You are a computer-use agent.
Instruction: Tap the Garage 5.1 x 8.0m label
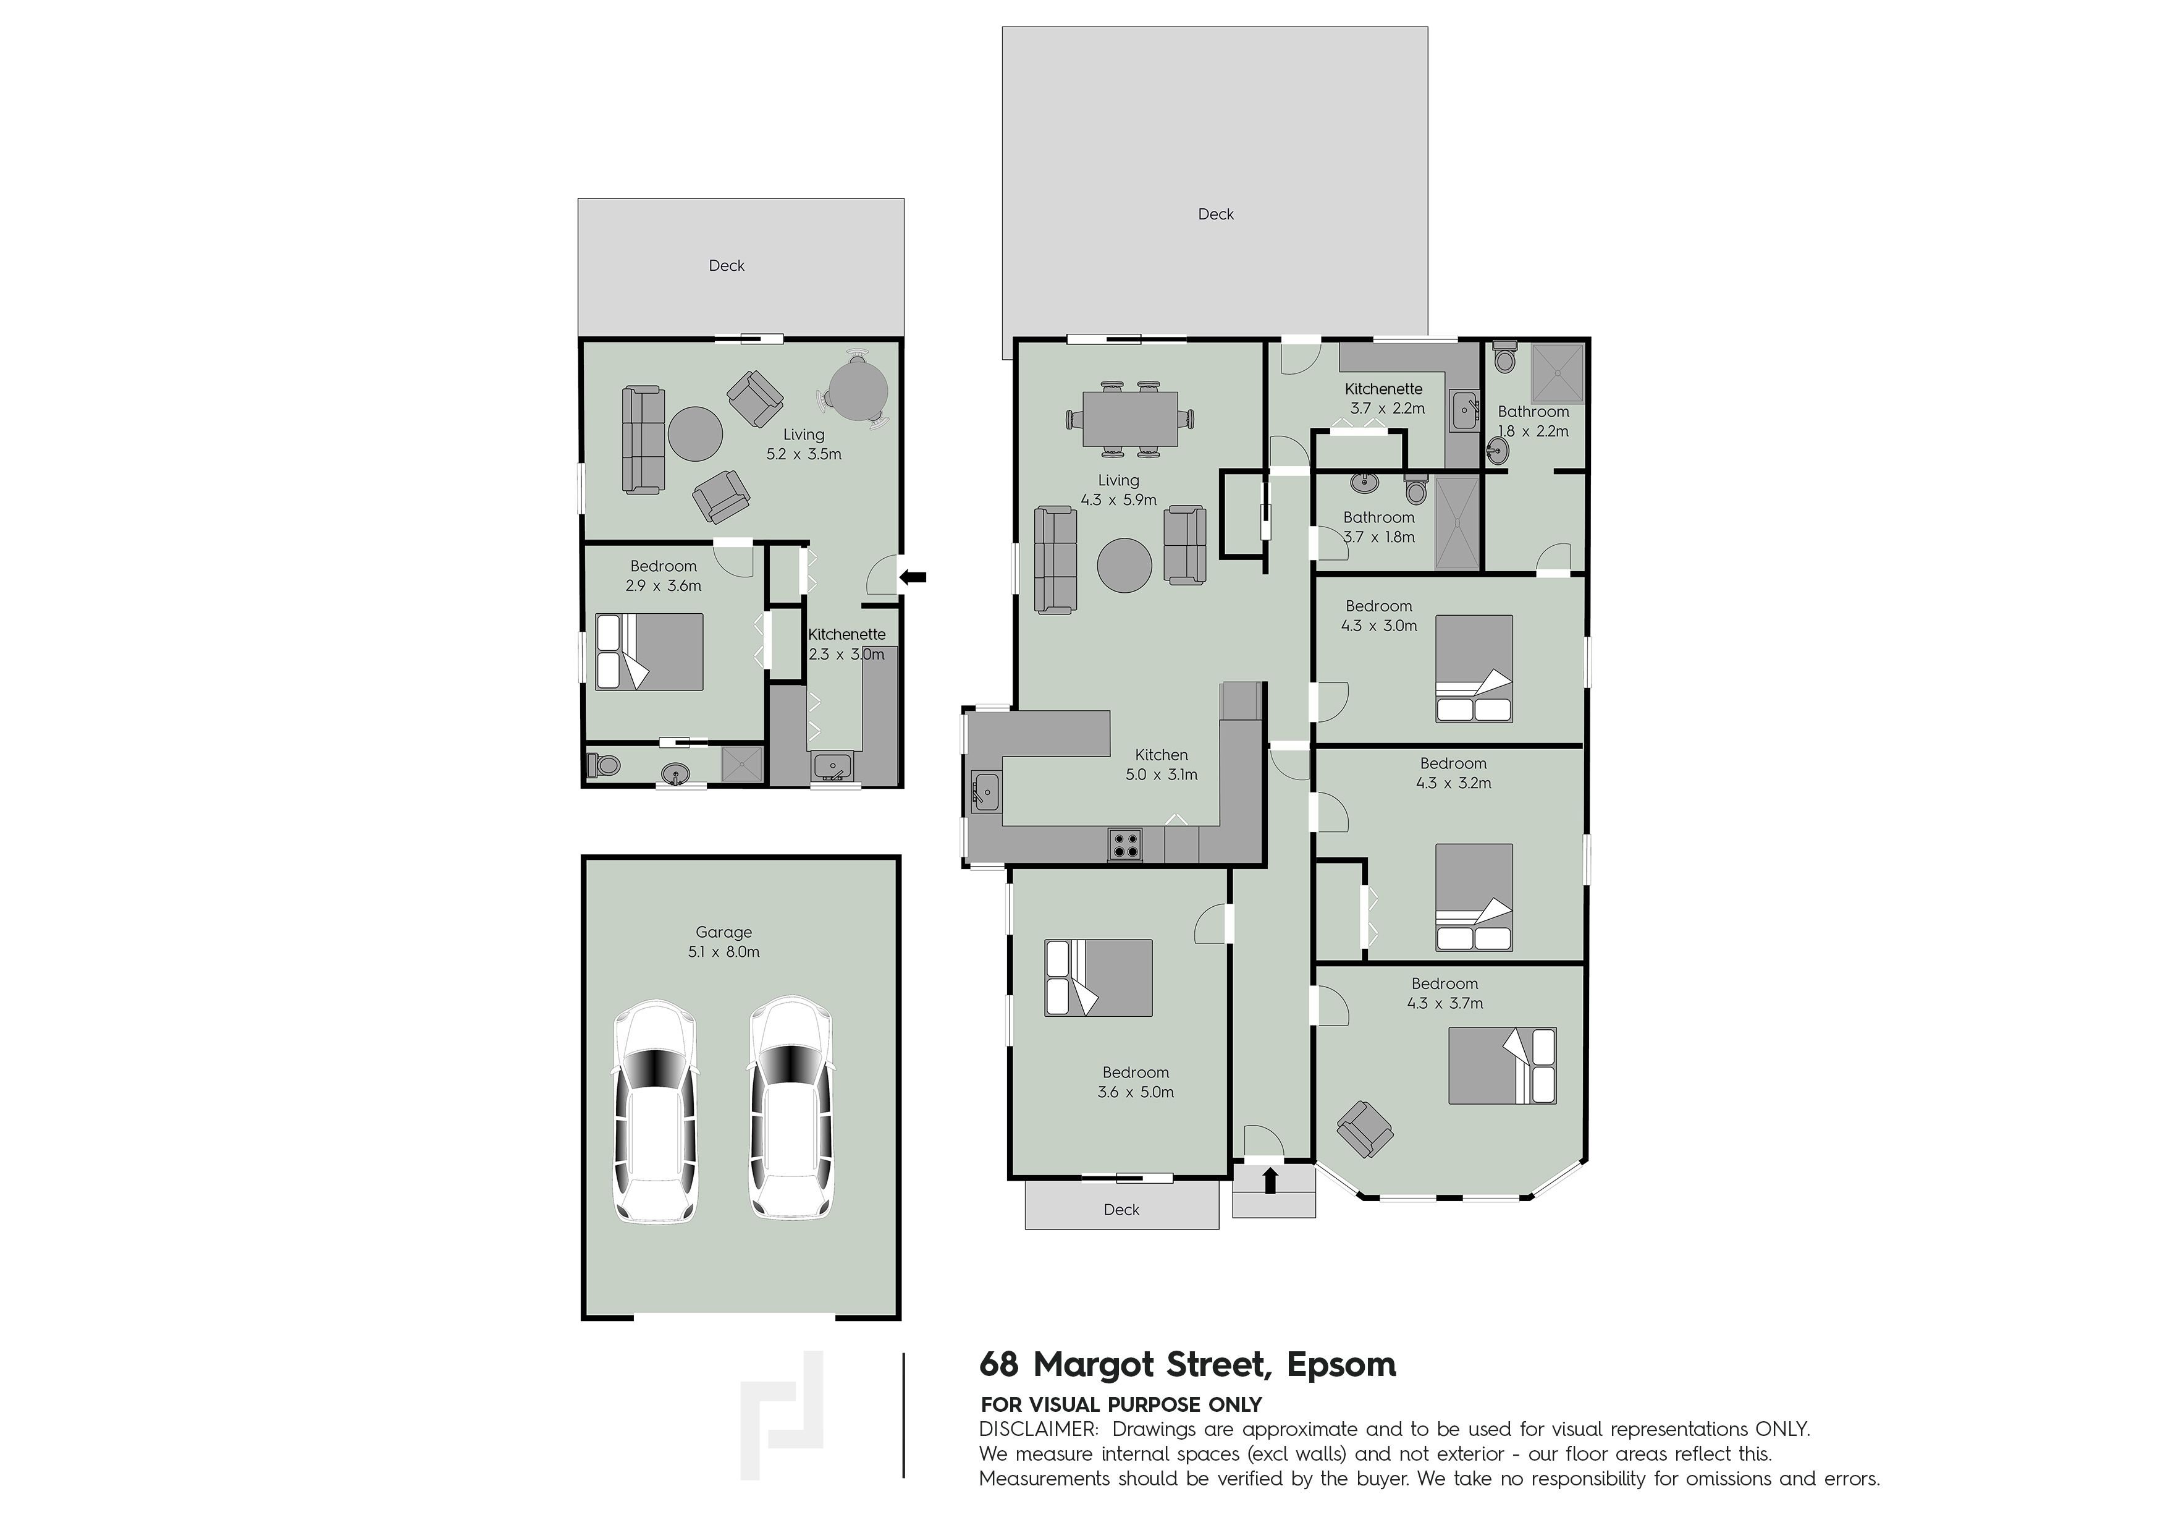724,941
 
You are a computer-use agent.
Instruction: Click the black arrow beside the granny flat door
913,576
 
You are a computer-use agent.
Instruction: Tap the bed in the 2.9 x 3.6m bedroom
649,652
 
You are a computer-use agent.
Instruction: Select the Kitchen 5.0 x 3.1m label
1162,764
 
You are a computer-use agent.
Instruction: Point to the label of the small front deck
1122,1210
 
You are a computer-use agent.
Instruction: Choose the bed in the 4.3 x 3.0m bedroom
1474,669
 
